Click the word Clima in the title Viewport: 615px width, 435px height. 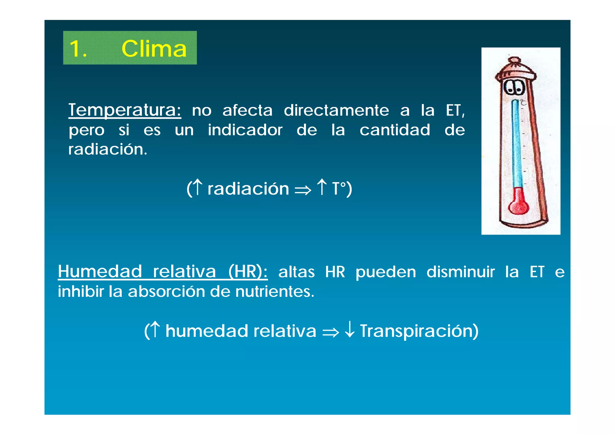pos(154,49)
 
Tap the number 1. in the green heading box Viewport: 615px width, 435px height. pos(78,49)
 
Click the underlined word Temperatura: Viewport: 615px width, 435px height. pos(125,110)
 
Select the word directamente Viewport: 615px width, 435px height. pos(336,110)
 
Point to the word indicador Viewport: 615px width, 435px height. pos(245,130)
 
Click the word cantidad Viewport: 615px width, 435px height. pos(395,130)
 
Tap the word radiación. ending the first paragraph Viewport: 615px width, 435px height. pos(108,149)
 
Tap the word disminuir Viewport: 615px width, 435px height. pos(460,272)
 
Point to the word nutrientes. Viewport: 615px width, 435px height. pos(274,291)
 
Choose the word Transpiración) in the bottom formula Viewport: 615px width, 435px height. pos(419,331)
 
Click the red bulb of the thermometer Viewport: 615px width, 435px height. pos(518,205)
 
